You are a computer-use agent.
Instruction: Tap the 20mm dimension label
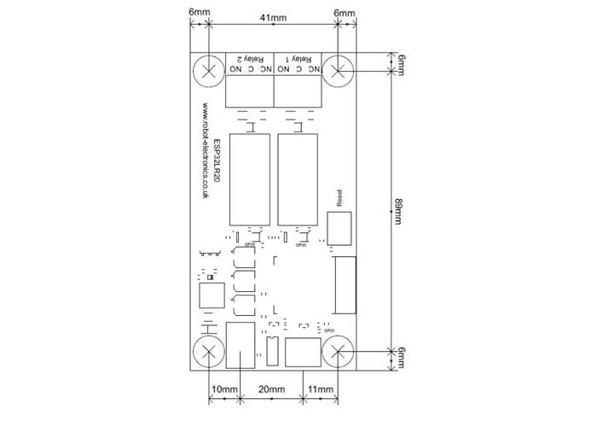271,389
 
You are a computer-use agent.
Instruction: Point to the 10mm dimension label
225,389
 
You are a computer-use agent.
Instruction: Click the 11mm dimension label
320,389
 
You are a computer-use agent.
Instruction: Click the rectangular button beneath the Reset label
339,228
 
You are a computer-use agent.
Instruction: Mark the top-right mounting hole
339,70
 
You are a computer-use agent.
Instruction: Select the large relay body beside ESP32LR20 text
248,178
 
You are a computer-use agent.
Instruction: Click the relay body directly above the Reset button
298,178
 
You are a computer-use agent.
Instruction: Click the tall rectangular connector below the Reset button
344,284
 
